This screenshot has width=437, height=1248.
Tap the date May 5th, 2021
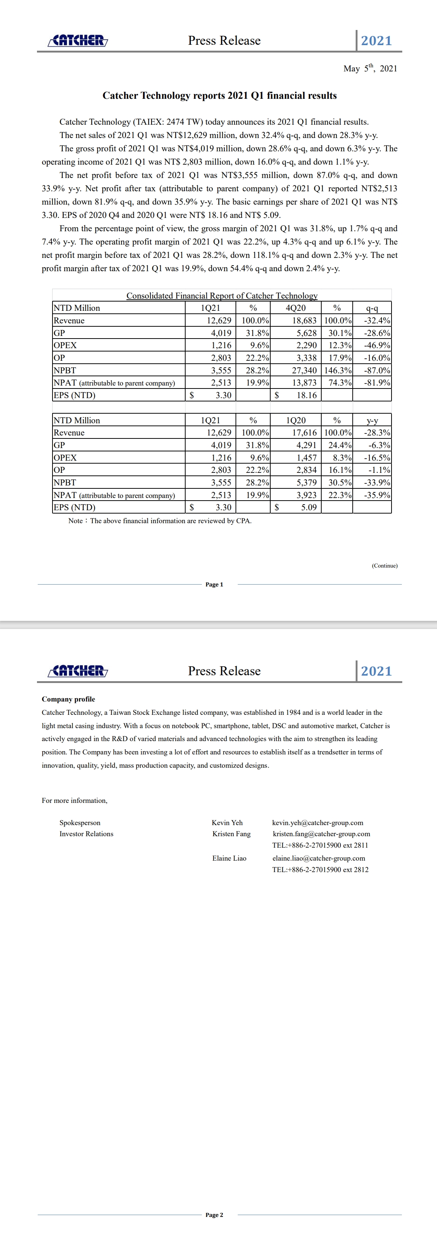tap(370, 68)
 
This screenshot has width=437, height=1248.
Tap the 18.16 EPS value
tap(306, 395)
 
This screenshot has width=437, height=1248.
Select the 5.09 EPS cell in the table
tap(309, 507)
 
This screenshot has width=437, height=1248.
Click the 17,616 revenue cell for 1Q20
tap(304, 433)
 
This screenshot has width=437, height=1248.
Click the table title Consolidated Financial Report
tap(222, 296)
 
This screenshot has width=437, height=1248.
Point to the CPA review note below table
tap(160, 521)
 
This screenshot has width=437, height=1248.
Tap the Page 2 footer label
tap(214, 1215)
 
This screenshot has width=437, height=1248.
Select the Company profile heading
tap(68, 699)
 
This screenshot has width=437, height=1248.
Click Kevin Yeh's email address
tap(318, 823)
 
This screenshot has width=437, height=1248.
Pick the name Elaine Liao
tap(229, 858)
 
